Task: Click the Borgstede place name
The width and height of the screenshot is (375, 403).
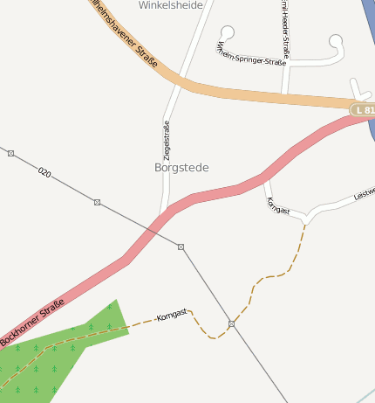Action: click(181, 167)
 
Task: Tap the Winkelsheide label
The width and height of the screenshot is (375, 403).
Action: click(171, 5)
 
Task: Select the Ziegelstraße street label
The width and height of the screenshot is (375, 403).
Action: click(166, 140)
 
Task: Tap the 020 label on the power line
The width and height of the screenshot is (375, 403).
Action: click(44, 173)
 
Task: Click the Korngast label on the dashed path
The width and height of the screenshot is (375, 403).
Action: click(171, 315)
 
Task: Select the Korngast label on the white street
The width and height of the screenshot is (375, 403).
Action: click(277, 206)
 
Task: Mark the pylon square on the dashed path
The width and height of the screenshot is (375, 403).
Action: click(232, 324)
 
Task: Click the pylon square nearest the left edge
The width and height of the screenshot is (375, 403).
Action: click(10, 153)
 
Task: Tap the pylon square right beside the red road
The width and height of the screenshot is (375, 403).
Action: click(181, 247)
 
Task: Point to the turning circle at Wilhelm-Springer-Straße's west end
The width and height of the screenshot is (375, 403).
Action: click(228, 32)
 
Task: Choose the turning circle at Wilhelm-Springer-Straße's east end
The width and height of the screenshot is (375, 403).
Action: click(337, 40)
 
